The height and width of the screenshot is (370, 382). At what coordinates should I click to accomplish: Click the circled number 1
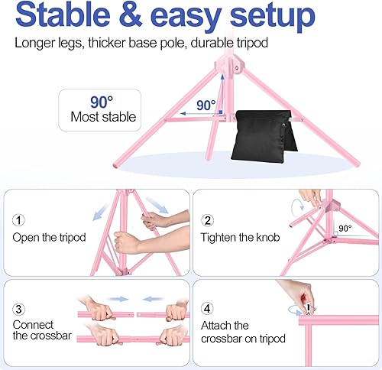pyautogui.click(x=19, y=220)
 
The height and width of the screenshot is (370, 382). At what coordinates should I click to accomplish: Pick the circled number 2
pyautogui.click(x=208, y=220)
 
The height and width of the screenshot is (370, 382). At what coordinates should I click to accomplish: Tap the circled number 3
pyautogui.click(x=19, y=310)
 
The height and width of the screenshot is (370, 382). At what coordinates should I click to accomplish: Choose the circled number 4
pyautogui.click(x=208, y=310)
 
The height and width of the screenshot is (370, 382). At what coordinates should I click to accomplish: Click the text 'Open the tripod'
pyautogui.click(x=48, y=237)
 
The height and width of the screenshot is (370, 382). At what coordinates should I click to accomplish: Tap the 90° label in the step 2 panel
pyautogui.click(x=345, y=228)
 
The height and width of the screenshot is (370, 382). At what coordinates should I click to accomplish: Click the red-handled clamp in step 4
pyautogui.click(x=308, y=307)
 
